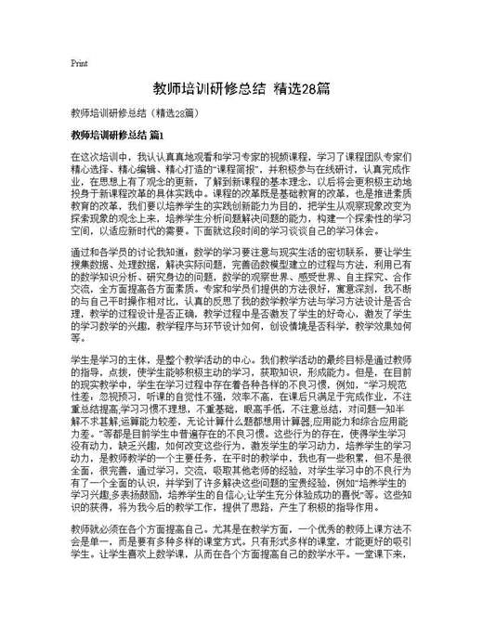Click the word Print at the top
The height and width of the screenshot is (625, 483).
(x=78, y=64)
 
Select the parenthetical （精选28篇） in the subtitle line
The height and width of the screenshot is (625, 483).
(x=176, y=113)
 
